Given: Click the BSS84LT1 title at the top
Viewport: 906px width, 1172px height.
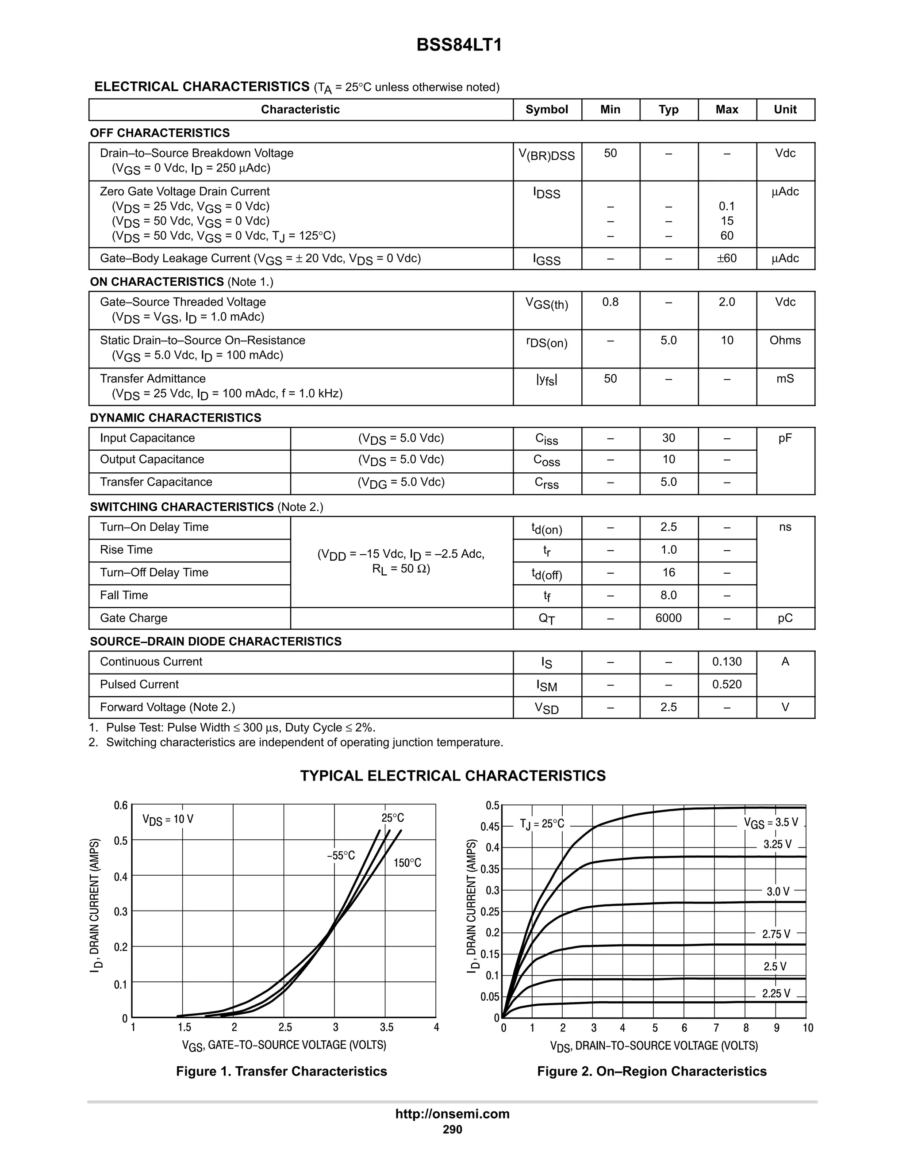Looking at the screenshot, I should (459, 45).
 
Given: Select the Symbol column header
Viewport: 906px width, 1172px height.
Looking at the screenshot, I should (546, 110).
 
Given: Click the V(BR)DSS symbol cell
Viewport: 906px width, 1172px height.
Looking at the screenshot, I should (546, 155).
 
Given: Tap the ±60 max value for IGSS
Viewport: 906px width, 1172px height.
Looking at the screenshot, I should (727, 259).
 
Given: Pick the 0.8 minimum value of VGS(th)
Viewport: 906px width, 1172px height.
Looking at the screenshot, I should (610, 302).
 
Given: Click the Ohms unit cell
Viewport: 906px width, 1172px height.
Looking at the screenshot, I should (785, 340).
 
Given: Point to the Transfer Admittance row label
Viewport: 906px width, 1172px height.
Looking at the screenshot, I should (153, 379).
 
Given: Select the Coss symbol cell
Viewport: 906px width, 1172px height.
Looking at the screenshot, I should (546, 460).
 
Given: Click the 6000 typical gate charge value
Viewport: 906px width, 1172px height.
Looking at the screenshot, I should (668, 618).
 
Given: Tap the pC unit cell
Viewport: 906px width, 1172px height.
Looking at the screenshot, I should (785, 618).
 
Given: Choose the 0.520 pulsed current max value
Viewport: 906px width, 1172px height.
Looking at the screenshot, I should (727, 685).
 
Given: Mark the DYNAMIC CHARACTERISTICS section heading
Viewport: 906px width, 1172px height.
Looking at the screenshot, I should (176, 417).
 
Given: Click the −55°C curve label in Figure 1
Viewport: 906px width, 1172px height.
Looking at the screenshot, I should (341, 855).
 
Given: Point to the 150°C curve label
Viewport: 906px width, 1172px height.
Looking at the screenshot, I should (407, 863).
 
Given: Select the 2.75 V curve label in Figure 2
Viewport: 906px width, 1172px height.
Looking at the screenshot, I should (776, 934).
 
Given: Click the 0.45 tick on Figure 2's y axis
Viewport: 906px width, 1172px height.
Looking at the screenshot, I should (490, 827).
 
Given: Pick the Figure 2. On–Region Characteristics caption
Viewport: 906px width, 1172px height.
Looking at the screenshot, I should (652, 1072).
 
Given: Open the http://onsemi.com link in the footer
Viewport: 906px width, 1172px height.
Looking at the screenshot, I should (453, 1114).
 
